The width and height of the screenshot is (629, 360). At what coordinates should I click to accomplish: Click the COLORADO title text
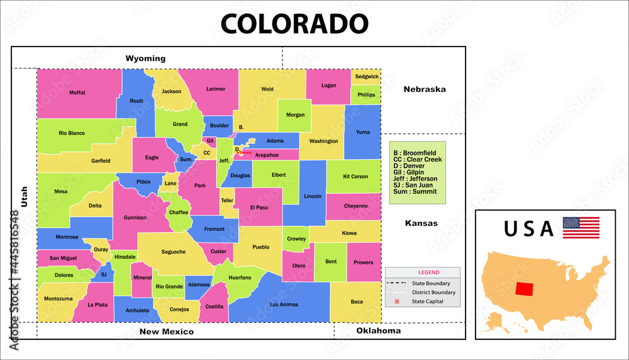(294, 23)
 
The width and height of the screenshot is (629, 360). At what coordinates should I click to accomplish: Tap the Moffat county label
(77, 93)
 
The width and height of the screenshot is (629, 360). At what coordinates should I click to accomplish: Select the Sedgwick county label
(367, 77)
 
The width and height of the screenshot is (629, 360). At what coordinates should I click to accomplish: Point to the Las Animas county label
(283, 305)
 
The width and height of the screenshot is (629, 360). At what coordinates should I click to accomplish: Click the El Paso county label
(259, 207)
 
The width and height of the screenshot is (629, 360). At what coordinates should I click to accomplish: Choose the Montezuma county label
(58, 298)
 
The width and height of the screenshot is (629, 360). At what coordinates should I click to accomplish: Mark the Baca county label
(357, 301)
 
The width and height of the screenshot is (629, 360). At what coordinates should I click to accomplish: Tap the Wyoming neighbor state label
(145, 59)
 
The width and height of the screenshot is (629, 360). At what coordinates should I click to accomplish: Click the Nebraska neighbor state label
(425, 89)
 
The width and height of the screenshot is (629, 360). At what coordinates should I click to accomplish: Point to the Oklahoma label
(379, 330)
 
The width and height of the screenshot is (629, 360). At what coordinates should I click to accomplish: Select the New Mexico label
(167, 331)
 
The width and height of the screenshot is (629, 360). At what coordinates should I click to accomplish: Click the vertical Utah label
(25, 196)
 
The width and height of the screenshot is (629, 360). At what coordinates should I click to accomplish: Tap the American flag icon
(581, 227)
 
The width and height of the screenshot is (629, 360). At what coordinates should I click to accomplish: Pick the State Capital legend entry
(427, 301)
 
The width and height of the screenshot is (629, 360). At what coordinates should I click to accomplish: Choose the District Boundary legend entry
(433, 293)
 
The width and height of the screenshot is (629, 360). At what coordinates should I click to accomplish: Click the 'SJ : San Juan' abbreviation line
(415, 185)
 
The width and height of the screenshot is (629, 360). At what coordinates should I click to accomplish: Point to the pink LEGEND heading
(429, 273)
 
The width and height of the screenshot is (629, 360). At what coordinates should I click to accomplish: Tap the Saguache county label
(174, 252)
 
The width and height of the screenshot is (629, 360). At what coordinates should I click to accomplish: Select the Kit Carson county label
(355, 176)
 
